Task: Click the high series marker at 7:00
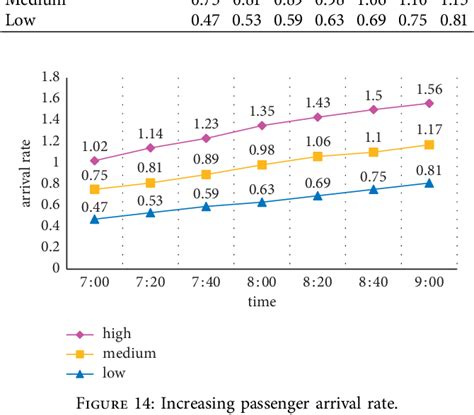[95, 160]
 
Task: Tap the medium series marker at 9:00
[429, 145]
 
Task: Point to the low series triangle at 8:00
[262, 202]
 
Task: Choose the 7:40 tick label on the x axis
[206, 283]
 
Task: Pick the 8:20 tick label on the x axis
[317, 283]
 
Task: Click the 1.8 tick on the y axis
[49, 77]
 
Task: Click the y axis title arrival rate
[28, 172]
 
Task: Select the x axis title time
[262, 301]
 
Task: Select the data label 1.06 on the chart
[318, 141]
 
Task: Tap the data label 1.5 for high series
[373, 94]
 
